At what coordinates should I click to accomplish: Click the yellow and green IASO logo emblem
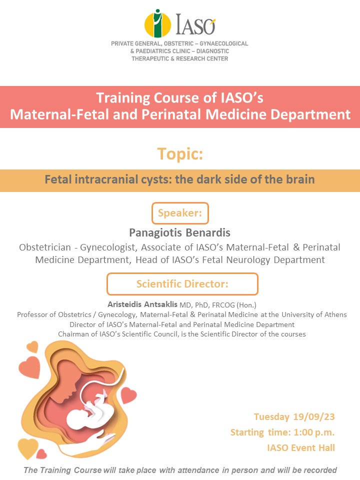[x=157, y=23]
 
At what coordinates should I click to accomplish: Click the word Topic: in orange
[x=180, y=153]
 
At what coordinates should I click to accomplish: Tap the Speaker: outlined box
[x=180, y=213]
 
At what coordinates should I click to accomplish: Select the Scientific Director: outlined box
[x=182, y=284]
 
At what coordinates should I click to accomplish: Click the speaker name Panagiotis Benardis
[x=179, y=232]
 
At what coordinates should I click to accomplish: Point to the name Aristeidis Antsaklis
[x=142, y=304]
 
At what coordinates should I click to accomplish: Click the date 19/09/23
[x=314, y=416]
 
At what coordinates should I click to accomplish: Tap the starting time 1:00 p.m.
[x=314, y=432]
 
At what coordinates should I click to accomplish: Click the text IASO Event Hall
[x=301, y=448]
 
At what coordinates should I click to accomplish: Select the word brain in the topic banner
[x=300, y=179]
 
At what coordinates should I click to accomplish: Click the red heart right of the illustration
[x=128, y=395]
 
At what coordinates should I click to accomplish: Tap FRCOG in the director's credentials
[x=223, y=305]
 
